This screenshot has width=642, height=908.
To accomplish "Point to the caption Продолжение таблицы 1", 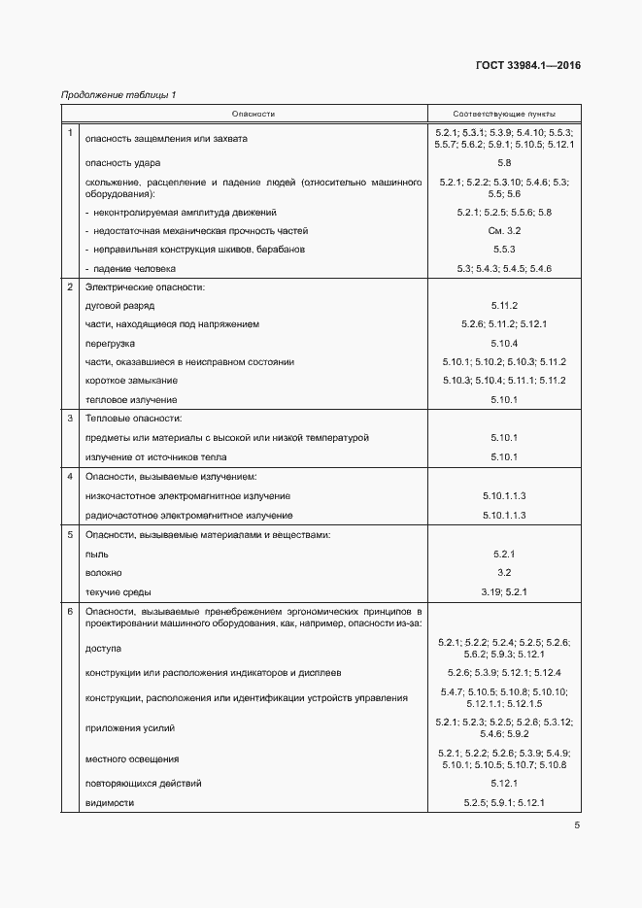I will pos(118,95).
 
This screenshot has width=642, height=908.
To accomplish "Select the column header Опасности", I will pos(253,114).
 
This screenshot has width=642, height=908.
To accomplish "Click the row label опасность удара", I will pos(123,162).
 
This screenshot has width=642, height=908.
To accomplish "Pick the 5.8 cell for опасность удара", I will pos(504,162).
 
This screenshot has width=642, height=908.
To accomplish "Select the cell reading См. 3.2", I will pos(504,230).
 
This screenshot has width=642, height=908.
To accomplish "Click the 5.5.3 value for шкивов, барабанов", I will pos(504,249).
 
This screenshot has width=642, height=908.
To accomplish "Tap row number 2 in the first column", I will pos(69,286).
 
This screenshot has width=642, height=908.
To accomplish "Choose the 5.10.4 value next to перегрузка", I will pos(504,343).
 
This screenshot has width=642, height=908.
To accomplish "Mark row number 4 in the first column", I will pos(69,476).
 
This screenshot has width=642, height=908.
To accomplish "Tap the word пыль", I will pos(96,554).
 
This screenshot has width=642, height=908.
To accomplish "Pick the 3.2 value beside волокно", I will pos(504,572).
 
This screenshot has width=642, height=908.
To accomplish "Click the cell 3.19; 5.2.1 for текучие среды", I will pos(504,591).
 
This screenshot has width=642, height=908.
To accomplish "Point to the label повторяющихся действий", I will pos(144,783).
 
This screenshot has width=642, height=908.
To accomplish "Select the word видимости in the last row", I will pos(110,802).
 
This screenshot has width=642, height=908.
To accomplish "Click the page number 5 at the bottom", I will pos(577,826).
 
